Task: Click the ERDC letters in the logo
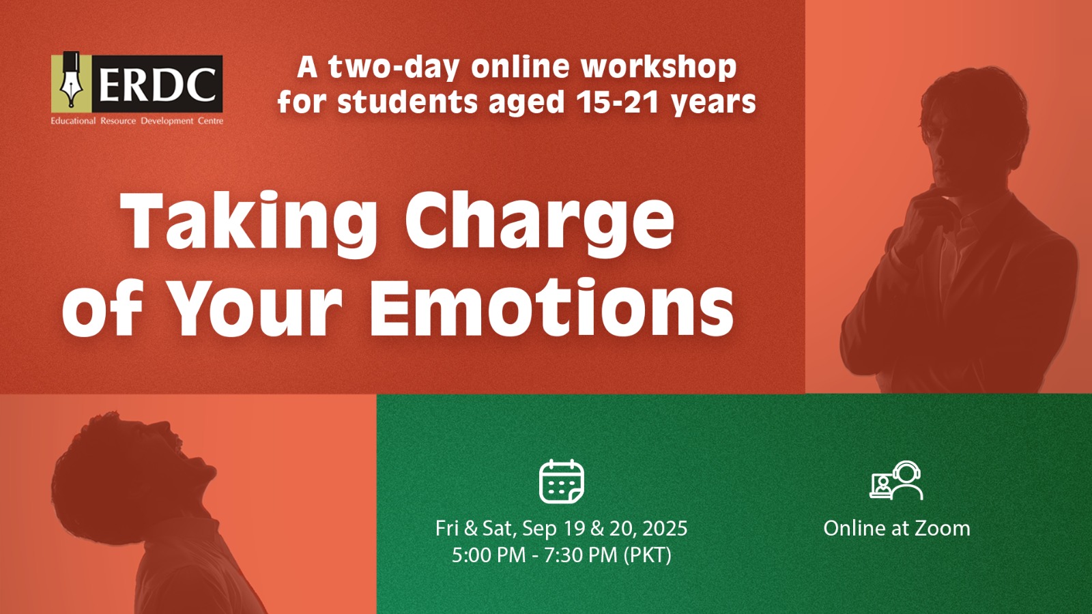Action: point(158,84)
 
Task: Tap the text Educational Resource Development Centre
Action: point(137,121)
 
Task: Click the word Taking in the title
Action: point(249,222)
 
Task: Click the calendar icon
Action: point(562,482)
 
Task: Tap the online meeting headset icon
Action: point(896,480)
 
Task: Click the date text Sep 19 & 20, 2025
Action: point(605,528)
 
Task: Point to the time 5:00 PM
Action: point(489,555)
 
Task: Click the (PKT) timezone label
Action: point(648,555)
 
